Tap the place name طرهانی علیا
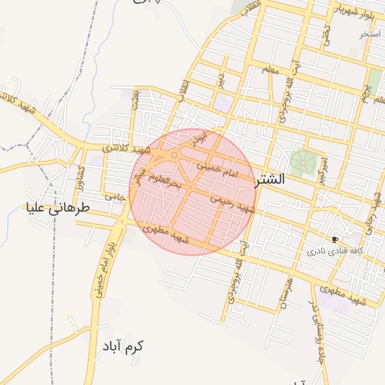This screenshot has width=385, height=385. pyautogui.click(x=58, y=207)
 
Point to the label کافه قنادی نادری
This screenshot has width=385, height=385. pyautogui.click(x=335, y=250)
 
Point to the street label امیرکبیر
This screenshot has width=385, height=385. pyautogui.click(x=323, y=169)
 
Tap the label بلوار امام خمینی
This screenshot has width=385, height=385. pyautogui.click(x=105, y=267)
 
